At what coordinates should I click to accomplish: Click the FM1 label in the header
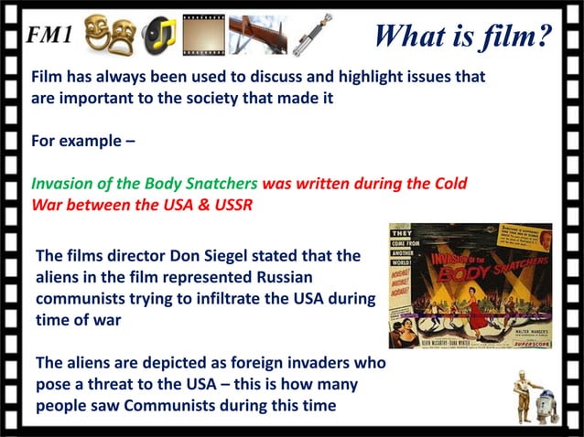tap(49, 35)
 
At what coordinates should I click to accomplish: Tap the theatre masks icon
tap(109, 36)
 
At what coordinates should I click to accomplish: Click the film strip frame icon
tap(202, 36)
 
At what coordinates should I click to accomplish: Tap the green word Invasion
tap(66, 183)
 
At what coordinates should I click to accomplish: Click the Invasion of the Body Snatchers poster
tap(470, 284)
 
